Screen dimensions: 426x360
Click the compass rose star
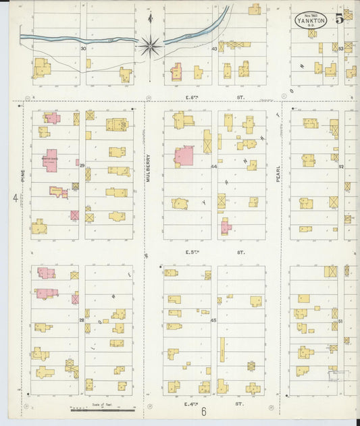point(149,45)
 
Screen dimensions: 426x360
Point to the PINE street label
point(22,177)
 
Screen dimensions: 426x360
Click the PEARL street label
point(278,174)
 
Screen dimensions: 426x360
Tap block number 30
point(84,49)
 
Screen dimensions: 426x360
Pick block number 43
point(214,49)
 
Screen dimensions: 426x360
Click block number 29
point(82,165)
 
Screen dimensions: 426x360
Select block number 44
point(214,166)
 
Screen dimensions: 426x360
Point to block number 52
point(341,166)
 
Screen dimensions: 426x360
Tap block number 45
point(214,320)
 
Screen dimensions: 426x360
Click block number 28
point(82,320)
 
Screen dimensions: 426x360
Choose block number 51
point(341,320)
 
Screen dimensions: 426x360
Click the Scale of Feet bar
point(103,409)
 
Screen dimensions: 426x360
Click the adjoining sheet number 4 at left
point(14,198)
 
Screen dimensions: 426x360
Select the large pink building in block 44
point(184,157)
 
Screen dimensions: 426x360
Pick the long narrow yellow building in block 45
point(222,353)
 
